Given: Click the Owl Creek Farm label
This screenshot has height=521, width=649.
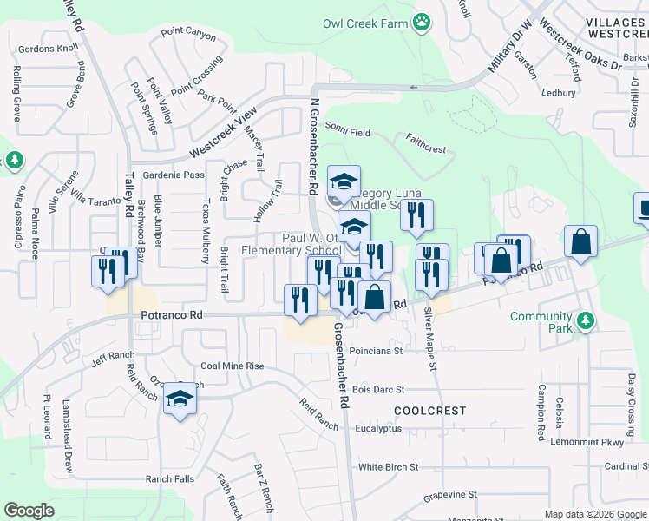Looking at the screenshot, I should pos(364,23).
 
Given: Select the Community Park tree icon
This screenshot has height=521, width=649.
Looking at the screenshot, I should pos(587,322).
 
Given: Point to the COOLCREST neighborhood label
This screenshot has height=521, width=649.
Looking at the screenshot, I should pos(429,411).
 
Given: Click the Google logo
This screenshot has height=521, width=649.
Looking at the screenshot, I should pos(29,511).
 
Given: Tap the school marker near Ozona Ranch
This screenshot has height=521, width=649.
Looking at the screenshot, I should pos(180,400).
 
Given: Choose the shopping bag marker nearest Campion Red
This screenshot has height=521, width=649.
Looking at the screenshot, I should pos(580,242).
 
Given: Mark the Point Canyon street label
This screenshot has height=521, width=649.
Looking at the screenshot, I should pos(188,34).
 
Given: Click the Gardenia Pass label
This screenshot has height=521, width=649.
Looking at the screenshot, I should pos(176,175).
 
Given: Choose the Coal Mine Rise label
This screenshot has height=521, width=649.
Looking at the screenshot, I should pos(232,366).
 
